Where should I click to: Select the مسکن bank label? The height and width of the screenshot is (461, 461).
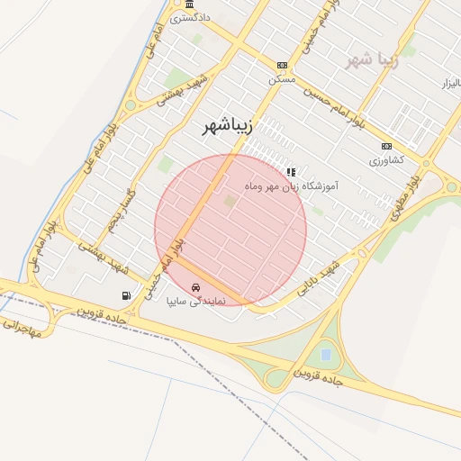pyautogui.click(x=281, y=78)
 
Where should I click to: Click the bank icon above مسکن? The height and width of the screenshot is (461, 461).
pyautogui.click(x=282, y=65)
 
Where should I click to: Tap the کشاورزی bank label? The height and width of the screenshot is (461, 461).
pyautogui.click(x=386, y=159)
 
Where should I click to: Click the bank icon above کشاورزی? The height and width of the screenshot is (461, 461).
pyautogui.click(x=387, y=146)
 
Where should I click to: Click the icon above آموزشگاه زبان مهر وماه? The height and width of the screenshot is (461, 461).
pyautogui.click(x=290, y=171)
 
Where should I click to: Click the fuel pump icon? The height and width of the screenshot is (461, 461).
pyautogui.click(x=125, y=294)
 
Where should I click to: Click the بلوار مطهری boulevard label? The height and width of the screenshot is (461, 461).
pyautogui.click(x=406, y=196)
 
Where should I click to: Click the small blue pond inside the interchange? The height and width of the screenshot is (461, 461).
pyautogui.click(x=324, y=354)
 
